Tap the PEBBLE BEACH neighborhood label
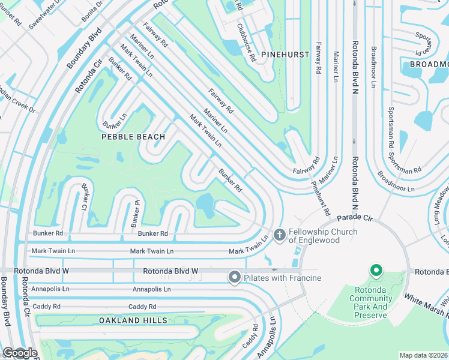tap(133, 137)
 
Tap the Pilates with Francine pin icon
tap(234, 277)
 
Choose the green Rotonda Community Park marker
tap(376, 271)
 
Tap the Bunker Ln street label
tap(114, 121)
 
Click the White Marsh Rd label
tap(425, 306)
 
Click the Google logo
tap(19, 353)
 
